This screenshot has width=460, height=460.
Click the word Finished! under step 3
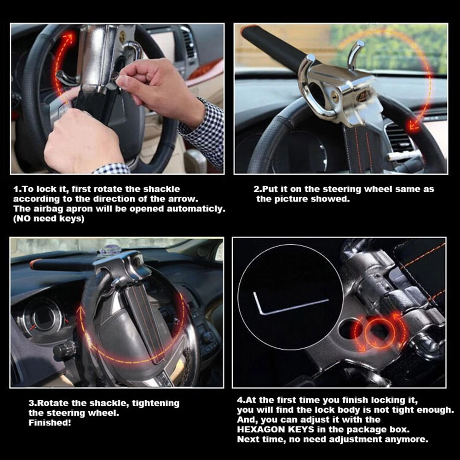pyautogui.click(x=50, y=422)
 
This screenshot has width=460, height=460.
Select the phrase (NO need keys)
pyautogui.click(x=49, y=219)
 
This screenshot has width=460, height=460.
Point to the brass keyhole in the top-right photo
pyautogui.click(x=335, y=98)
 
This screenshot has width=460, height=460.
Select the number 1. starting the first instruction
pyautogui.click(x=16, y=189)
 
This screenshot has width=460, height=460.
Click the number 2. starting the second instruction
pyautogui.click(x=257, y=189)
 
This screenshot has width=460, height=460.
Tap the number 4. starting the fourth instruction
pyautogui.click(x=241, y=400)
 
